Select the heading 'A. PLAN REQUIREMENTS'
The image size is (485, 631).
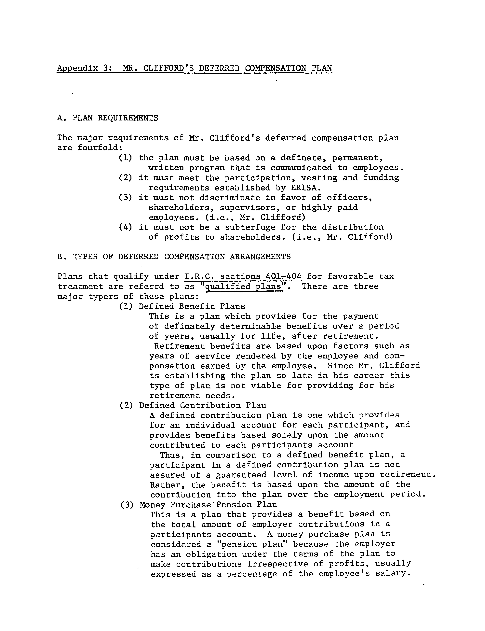[x=108, y=118]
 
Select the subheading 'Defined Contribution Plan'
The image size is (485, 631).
[x=203, y=405]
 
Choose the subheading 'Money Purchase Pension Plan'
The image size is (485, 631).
[x=208, y=505]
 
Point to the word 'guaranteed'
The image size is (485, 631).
[x=241, y=475]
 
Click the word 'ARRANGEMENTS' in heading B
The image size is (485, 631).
[x=260, y=257]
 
